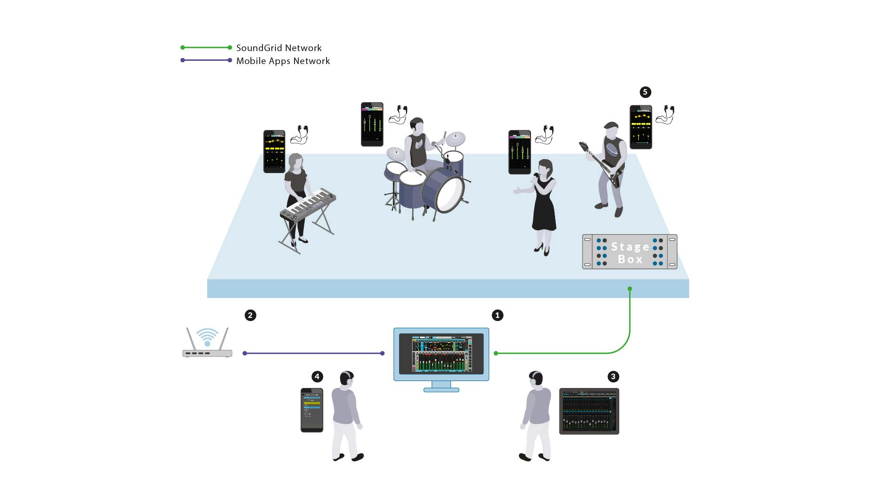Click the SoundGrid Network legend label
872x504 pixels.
coord(279,48)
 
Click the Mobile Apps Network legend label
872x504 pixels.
coord(283,61)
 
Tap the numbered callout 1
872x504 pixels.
coord(497,315)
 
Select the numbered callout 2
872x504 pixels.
coord(250,315)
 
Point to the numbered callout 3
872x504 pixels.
coord(613,376)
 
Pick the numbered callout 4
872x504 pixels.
coord(317,376)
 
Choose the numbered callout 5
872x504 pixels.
coord(645,92)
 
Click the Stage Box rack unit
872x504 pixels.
coord(629,252)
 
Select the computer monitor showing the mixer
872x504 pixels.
coord(441,355)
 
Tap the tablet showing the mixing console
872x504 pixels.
coord(589,411)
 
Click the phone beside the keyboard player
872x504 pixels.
coord(274,151)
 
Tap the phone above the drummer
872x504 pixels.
coord(372,124)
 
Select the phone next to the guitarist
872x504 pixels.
coord(641,127)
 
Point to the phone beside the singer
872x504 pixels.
coord(519,152)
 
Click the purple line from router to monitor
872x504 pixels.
coord(314,353)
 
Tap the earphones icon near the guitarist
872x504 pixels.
coord(665,115)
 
